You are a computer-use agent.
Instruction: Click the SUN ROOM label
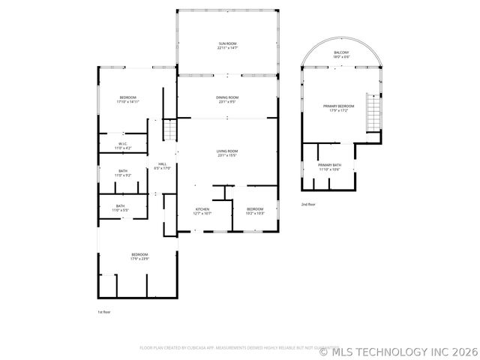(227, 44)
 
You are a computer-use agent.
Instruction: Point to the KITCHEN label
(202, 209)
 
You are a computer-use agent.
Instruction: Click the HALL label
(162, 164)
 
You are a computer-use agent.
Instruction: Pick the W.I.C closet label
(122, 144)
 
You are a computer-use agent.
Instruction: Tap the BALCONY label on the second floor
(341, 52)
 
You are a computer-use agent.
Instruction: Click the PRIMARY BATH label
(329, 165)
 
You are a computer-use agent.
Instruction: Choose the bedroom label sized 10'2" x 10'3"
(255, 209)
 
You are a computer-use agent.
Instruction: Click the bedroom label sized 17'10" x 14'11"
(129, 98)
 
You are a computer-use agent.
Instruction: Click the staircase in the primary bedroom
(373, 112)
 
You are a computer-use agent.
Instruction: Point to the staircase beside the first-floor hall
(170, 130)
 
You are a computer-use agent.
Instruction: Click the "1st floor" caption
(104, 311)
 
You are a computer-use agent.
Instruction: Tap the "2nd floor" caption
(308, 204)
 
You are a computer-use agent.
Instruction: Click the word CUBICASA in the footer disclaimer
(214, 348)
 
